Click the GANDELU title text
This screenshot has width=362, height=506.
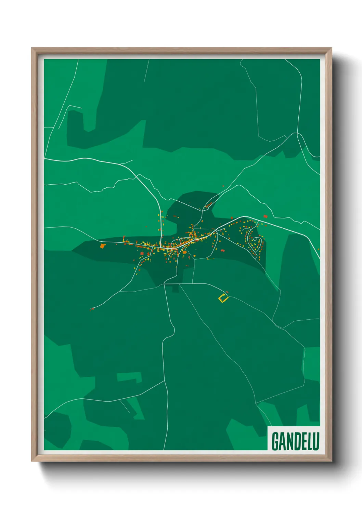(295, 441)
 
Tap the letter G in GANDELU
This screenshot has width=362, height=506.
(275, 441)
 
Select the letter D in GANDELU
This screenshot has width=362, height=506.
(295, 441)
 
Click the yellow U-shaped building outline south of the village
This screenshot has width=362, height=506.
(223, 298)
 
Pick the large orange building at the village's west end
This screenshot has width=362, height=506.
(102, 245)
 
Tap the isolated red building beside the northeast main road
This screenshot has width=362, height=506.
(265, 216)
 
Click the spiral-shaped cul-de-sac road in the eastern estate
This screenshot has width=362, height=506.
(255, 240)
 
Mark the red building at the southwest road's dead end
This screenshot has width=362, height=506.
(92, 309)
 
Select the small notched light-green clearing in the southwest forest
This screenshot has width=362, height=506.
(129, 377)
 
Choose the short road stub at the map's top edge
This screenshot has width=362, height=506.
(146, 70)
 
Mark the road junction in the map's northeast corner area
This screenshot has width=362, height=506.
(297, 133)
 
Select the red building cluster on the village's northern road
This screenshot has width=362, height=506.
(207, 205)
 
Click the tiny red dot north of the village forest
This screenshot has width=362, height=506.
(223, 186)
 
